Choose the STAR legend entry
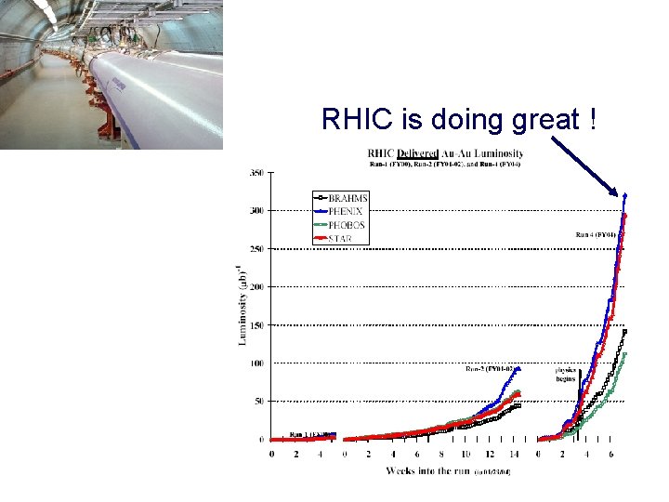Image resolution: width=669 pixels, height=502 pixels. [x=340, y=238]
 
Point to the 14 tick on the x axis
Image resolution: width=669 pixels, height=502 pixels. [x=515, y=455]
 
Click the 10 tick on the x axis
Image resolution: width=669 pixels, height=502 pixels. [x=466, y=455]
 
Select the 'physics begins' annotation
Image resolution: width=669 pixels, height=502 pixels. [x=567, y=374]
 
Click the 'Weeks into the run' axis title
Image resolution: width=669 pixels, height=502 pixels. [x=426, y=471]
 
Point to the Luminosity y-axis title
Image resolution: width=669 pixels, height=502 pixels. [x=243, y=303]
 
